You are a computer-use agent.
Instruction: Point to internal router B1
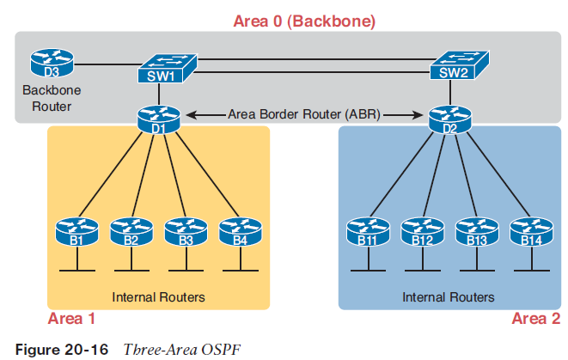point(76,232)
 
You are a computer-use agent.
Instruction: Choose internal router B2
point(131,232)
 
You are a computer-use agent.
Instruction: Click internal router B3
point(186,232)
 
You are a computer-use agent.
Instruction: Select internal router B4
point(239,232)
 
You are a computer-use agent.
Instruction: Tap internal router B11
point(368,232)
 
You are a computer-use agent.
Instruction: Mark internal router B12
point(422,232)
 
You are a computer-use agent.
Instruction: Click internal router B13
point(476,232)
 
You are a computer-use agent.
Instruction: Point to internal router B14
point(529,232)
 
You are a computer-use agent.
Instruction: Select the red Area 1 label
point(72,319)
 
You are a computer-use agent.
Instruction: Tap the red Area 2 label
point(535,319)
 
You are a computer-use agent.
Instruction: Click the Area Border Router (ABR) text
point(304,113)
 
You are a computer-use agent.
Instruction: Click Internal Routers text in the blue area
point(449,297)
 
